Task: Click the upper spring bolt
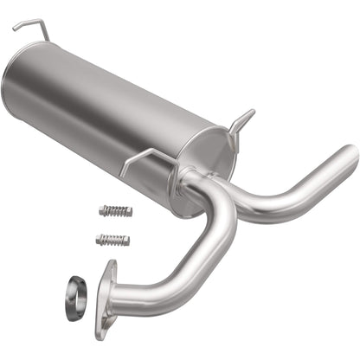[115, 211]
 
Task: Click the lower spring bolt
[112, 239]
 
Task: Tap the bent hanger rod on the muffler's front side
[143, 157]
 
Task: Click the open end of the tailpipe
[351, 156]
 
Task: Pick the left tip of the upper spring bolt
[101, 209]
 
